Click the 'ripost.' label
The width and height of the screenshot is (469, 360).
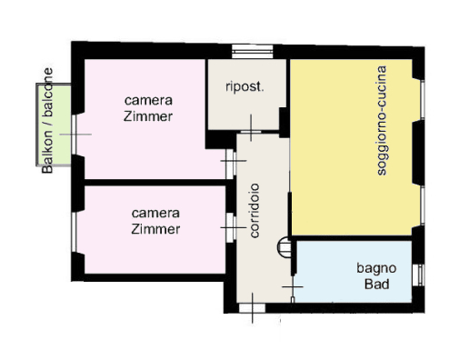[244, 87]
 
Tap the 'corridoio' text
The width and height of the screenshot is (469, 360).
[254, 210]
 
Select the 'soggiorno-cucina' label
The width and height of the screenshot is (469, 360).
[382, 120]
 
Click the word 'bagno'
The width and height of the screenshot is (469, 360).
[376, 269]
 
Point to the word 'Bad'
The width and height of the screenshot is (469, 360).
[376, 285]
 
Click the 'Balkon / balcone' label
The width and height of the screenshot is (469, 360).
[47, 121]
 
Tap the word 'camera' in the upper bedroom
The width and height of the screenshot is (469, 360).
[148, 100]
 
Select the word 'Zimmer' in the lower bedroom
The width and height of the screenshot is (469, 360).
[155, 229]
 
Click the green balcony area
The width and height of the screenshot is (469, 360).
[54, 125]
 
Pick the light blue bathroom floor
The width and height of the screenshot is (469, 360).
[353, 272]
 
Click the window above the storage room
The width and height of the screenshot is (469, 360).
[253, 52]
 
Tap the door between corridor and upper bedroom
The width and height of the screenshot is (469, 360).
[231, 164]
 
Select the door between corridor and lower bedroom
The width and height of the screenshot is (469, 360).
[231, 227]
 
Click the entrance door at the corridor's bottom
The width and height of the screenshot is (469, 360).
[252, 308]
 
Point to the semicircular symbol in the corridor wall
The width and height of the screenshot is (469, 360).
[284, 247]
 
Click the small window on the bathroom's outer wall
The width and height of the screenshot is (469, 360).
[421, 275]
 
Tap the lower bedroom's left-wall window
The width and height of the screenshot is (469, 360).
[74, 232]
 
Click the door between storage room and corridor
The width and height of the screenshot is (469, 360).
[251, 132]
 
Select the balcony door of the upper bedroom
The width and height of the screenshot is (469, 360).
[74, 135]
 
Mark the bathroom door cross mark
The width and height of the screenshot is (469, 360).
[293, 286]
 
